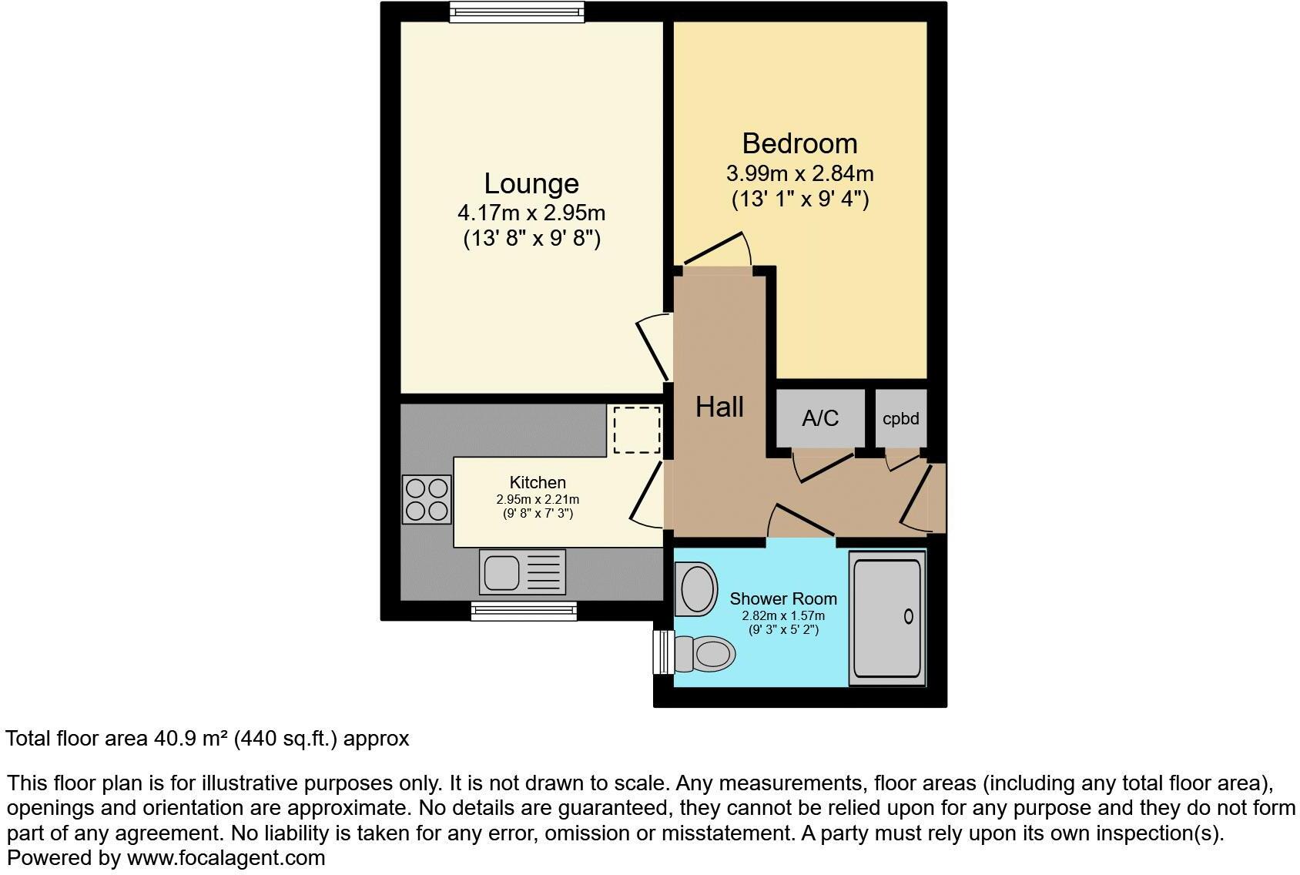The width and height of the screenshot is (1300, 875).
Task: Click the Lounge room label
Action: pos(531,183)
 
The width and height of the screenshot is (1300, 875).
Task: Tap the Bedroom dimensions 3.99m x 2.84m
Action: pos(799,173)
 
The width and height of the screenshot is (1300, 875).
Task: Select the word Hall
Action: pos(719,407)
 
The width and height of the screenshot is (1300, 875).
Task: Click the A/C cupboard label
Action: pos(820,418)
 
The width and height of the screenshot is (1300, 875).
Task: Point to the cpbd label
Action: pos(900,419)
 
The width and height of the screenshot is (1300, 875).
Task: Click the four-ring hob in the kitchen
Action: pos(427,499)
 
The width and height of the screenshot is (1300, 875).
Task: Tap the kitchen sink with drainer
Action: pos(522,572)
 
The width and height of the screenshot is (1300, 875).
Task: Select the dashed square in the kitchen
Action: pos(637,430)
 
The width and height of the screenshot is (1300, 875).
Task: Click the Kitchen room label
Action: pos(538,482)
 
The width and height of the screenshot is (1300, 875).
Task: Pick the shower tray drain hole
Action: pos(908,616)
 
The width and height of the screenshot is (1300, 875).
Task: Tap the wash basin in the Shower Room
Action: pos(695,589)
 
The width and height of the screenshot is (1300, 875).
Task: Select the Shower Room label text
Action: pos(783,598)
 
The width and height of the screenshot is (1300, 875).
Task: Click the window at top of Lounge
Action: pos(517,12)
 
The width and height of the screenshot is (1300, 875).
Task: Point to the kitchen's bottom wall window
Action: pos(524,612)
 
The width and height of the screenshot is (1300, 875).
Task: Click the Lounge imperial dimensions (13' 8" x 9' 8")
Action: pos(531,238)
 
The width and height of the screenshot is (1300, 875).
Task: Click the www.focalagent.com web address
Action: pos(226,857)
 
